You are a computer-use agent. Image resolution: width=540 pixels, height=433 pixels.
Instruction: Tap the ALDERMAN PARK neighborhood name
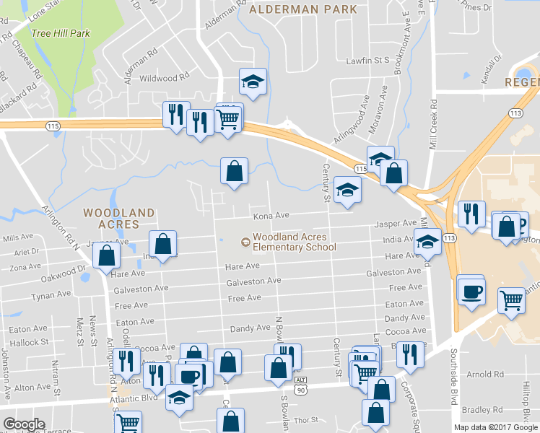pos(303,9)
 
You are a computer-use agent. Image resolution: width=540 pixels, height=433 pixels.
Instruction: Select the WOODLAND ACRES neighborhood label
pos(118,219)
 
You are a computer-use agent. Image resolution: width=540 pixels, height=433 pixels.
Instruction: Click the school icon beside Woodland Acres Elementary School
pos(245,242)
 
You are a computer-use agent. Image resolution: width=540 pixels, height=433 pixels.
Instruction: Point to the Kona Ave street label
pos(271,216)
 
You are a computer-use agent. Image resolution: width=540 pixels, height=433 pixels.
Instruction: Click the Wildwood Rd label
pos(164,77)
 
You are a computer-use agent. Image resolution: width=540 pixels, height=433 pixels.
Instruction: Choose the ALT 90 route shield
pos(301,385)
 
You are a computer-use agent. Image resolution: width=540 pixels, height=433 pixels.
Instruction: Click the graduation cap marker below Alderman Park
pos(253,82)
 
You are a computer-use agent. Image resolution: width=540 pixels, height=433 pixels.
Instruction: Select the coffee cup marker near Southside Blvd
pos(471,292)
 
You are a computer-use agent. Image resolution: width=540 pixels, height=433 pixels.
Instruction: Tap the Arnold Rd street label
pos(484,375)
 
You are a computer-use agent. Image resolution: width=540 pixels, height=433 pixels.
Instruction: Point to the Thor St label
pos(306,419)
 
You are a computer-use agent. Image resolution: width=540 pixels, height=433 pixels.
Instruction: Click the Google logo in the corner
pos(24,424)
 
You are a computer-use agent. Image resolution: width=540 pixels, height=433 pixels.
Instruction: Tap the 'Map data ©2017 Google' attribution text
pos(495,427)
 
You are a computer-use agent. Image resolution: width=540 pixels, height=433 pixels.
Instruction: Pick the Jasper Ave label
pos(396,224)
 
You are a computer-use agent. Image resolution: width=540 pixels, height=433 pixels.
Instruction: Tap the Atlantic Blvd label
pos(133,398)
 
